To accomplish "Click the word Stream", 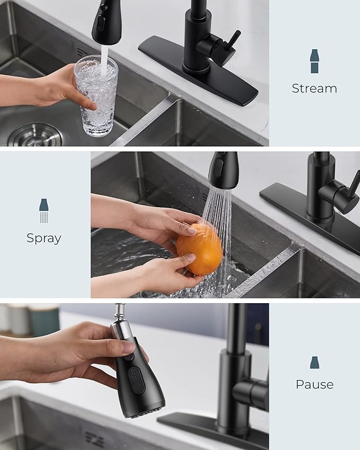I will click(x=314, y=89).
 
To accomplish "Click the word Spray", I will click(x=43, y=238).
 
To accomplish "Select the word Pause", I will click(x=314, y=384).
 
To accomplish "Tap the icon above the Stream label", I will click(x=314, y=61).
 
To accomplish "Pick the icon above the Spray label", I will click(x=43, y=210).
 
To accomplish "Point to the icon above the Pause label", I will click(x=314, y=363).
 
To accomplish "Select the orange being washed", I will click(x=199, y=249).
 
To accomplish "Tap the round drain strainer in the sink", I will click(x=35, y=135).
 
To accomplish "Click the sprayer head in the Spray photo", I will click(x=223, y=171).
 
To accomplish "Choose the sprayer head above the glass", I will click(x=107, y=21).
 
